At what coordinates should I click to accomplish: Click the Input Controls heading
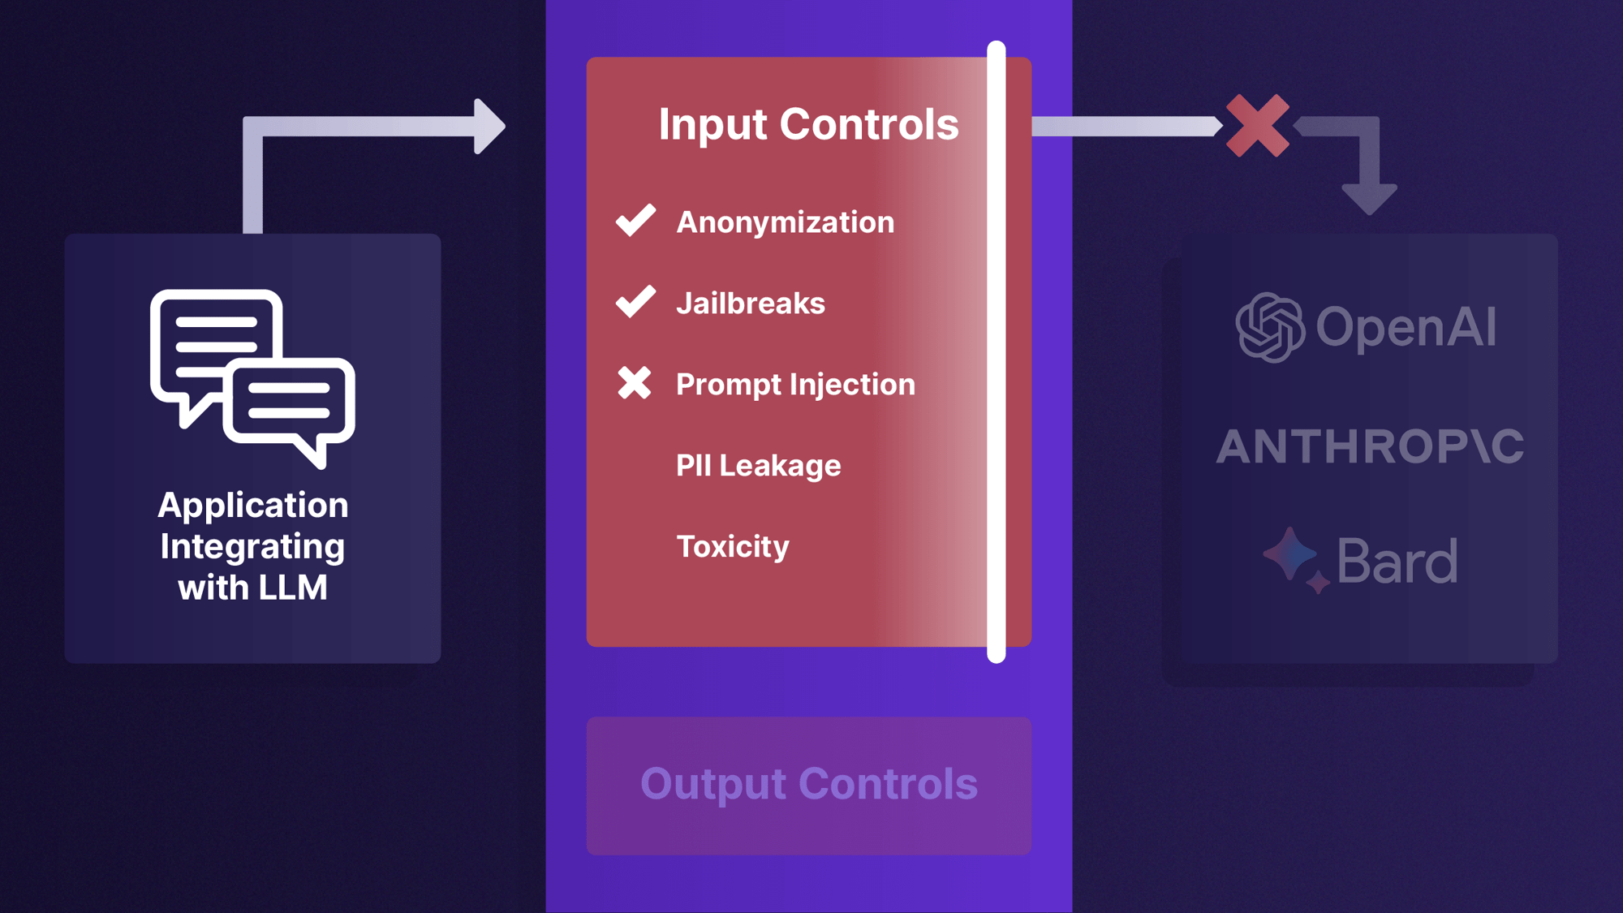click(x=808, y=125)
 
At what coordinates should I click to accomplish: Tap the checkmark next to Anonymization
click(x=635, y=220)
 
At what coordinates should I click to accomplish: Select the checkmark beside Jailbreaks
click(x=635, y=301)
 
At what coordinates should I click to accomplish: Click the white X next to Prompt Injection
click(x=634, y=383)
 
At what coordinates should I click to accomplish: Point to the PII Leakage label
click(x=758, y=466)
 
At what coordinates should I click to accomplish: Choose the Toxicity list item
click(x=732, y=547)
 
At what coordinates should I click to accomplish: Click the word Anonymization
click(x=785, y=222)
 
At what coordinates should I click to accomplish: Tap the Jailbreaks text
click(x=750, y=304)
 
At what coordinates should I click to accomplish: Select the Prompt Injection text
click(x=795, y=385)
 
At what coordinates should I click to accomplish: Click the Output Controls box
click(x=808, y=785)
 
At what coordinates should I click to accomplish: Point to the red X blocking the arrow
click(x=1257, y=126)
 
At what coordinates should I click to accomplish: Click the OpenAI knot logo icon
click(x=1270, y=327)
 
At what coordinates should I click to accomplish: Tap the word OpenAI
click(x=1406, y=328)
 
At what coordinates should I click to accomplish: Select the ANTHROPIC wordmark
click(x=1370, y=446)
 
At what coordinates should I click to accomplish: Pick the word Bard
click(x=1397, y=561)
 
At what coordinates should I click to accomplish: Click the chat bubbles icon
click(x=252, y=377)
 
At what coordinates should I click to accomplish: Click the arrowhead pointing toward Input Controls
click(x=489, y=127)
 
